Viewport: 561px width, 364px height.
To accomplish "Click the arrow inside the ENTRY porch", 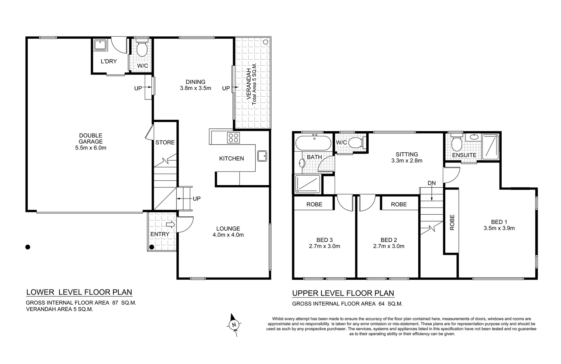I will point(170,224).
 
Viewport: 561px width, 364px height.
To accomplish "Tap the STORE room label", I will point(165,143).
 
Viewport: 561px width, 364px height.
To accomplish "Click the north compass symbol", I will point(233,325).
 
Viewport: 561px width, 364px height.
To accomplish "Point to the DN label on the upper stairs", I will point(431,183).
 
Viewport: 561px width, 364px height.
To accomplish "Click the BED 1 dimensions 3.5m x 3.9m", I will point(499,228).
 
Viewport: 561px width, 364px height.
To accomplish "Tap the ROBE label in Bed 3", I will point(314,205).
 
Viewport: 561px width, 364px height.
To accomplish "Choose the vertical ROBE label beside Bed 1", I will point(452,222).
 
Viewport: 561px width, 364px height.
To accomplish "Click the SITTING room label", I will point(407,154).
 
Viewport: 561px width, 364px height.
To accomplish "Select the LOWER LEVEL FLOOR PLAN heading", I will point(79,292).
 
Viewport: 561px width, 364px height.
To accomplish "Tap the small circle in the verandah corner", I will point(265,42).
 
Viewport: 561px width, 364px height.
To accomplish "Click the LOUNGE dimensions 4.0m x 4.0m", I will point(228,235).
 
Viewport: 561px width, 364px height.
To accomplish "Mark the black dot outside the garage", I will point(28,247).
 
